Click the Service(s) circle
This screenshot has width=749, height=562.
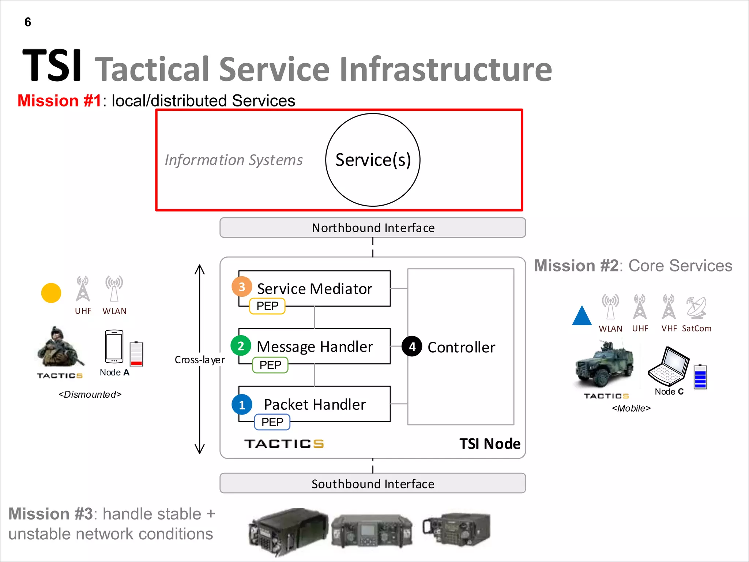(x=373, y=160)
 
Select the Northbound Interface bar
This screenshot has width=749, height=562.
(x=373, y=228)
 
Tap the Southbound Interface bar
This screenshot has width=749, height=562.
(x=373, y=483)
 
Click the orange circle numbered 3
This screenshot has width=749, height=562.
(x=242, y=287)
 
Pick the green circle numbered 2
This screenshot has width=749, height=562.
(x=241, y=346)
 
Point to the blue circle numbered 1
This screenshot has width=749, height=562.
(x=242, y=405)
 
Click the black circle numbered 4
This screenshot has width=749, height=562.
(x=412, y=346)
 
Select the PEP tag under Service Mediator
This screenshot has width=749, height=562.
(x=267, y=306)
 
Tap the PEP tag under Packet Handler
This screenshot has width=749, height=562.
(x=272, y=422)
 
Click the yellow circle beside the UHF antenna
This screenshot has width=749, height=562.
(x=51, y=293)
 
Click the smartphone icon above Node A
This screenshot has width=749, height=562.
(x=114, y=346)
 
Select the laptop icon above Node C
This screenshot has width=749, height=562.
(x=669, y=366)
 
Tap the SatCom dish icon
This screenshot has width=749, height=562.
(x=696, y=307)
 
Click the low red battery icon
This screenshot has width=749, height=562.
(x=136, y=354)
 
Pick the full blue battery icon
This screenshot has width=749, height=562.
(x=700, y=376)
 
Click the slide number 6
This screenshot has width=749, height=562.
(x=28, y=22)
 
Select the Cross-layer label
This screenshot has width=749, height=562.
(x=200, y=360)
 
